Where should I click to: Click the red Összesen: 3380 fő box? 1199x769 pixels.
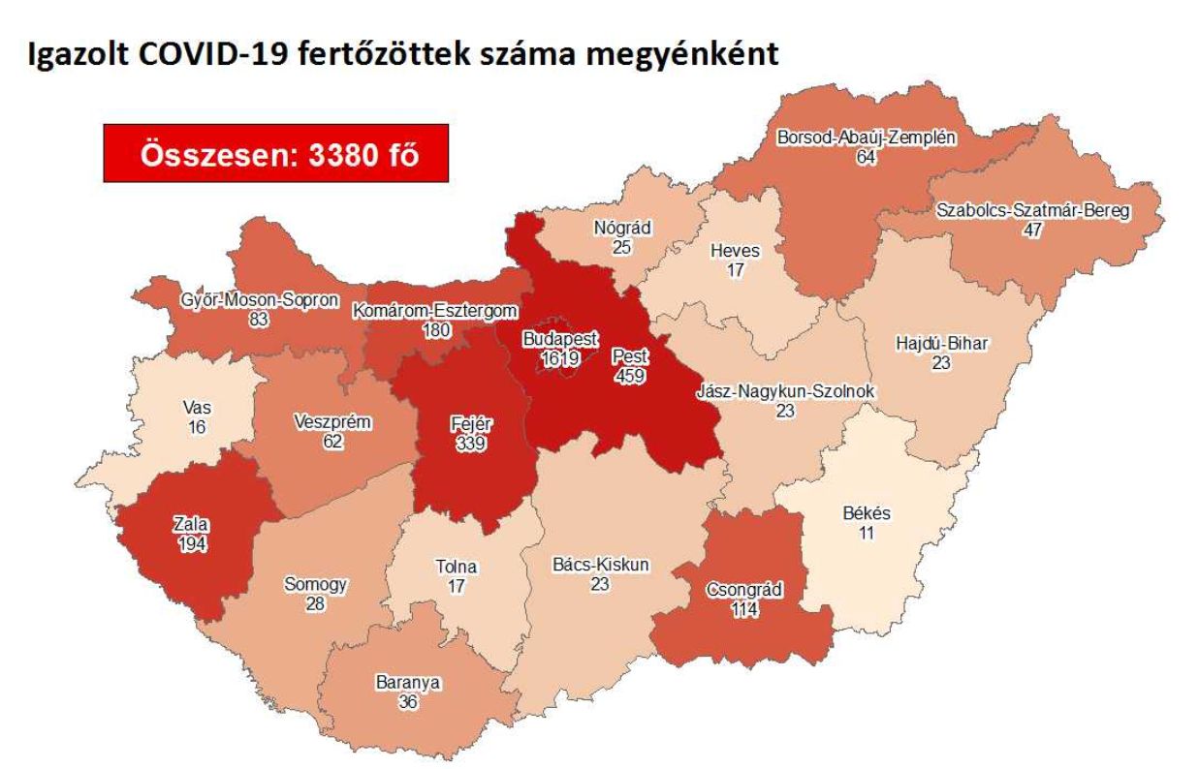click(x=275, y=154)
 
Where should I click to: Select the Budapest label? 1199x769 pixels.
click(x=560, y=340)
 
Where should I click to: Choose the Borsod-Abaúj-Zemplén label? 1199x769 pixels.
click(x=866, y=138)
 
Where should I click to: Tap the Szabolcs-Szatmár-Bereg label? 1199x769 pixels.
click(x=1034, y=212)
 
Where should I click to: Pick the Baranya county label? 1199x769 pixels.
click(x=407, y=683)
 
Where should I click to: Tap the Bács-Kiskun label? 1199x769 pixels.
click(x=599, y=565)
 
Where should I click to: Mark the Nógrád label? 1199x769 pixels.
click(x=622, y=230)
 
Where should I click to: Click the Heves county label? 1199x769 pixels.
click(x=736, y=252)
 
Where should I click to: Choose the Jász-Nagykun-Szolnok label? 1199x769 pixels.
click(x=785, y=392)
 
